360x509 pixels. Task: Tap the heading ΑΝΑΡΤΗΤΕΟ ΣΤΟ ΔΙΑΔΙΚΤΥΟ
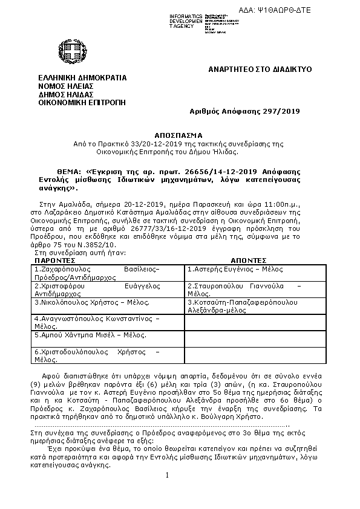[x=260, y=70]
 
